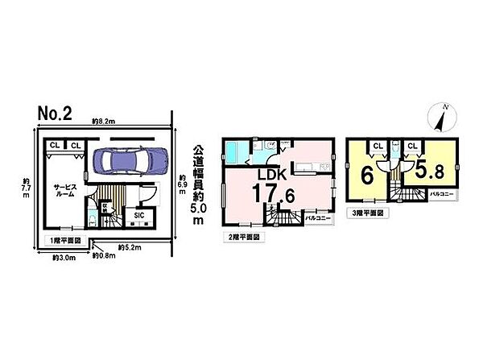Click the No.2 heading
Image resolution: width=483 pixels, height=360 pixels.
(56, 113)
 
